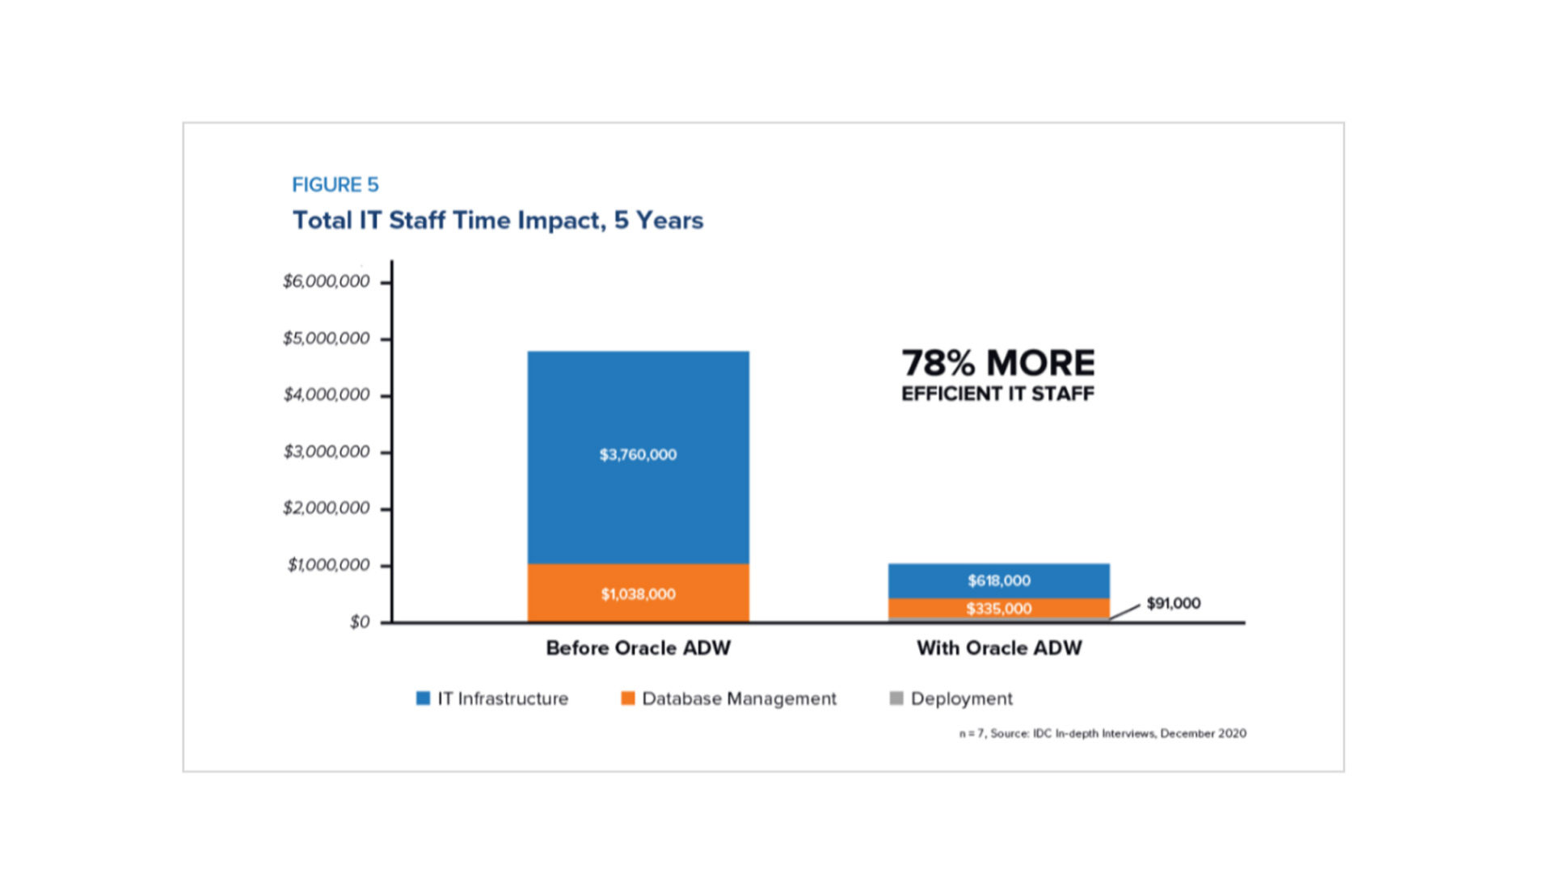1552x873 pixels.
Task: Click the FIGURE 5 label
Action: [x=335, y=185]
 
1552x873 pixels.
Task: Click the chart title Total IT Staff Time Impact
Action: [x=497, y=221]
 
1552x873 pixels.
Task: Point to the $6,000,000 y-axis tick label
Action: [x=326, y=281]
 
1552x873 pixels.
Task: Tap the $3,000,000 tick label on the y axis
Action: [x=326, y=452]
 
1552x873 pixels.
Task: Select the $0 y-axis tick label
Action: [x=360, y=622]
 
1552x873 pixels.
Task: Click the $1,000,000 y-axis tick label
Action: [x=328, y=565]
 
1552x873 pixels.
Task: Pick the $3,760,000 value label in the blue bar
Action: [x=638, y=455]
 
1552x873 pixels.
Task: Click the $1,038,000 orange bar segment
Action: [x=638, y=594]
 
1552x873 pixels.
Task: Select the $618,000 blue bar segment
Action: [x=998, y=580]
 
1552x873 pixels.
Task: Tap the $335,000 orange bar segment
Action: [x=998, y=609]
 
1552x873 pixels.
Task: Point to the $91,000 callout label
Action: [x=1173, y=604]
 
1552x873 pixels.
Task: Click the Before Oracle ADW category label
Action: [x=638, y=648]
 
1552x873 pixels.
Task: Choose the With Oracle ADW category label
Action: [x=999, y=648]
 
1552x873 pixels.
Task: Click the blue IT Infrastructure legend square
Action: [x=423, y=698]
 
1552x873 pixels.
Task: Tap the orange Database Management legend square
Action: [x=627, y=698]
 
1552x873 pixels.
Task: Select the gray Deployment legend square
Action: [x=896, y=698]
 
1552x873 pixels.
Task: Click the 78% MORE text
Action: [x=998, y=363]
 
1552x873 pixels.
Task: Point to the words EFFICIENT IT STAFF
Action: [x=997, y=394]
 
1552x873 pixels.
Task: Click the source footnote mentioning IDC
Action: [x=1102, y=734]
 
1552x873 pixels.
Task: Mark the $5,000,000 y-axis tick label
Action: [x=326, y=338]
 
